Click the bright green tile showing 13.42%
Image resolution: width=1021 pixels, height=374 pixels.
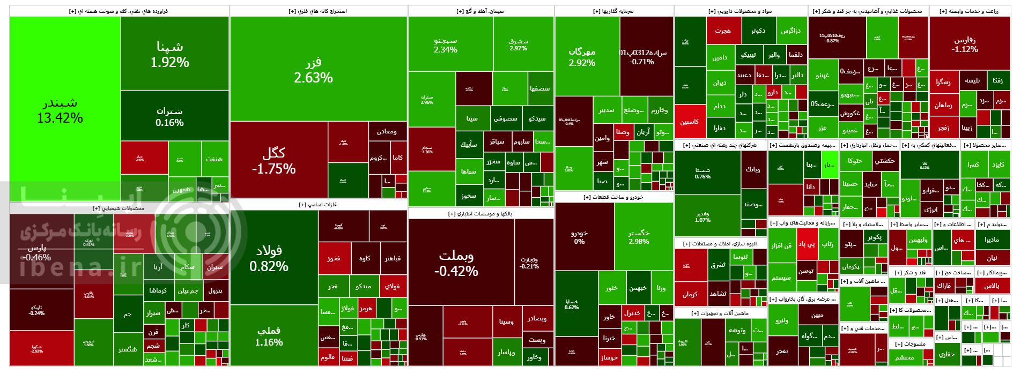[x=60, y=110]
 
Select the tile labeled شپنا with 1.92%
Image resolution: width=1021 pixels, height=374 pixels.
[x=170, y=54]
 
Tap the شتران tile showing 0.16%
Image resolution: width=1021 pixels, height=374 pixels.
[x=170, y=116]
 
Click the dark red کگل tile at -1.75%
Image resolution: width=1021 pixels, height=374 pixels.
[x=274, y=161]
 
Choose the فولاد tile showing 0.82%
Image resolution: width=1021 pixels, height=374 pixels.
[x=269, y=258]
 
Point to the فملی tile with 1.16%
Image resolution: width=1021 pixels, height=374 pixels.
[x=269, y=336]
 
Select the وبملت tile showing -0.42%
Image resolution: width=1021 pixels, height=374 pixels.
[x=456, y=263]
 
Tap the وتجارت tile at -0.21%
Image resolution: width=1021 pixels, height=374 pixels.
[x=530, y=263]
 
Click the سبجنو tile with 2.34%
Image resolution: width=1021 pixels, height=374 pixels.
[x=446, y=45]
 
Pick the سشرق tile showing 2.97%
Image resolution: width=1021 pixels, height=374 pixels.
[x=519, y=44]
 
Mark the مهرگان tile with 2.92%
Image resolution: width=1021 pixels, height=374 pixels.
[x=582, y=57]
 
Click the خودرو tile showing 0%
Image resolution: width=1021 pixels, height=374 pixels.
[x=580, y=237]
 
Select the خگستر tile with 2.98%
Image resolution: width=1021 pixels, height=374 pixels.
[x=639, y=237]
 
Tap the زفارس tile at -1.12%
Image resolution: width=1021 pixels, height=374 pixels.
[x=965, y=44]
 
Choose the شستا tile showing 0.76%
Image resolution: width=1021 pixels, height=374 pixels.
[x=703, y=173]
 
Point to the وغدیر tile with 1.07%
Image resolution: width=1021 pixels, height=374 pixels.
[x=703, y=217]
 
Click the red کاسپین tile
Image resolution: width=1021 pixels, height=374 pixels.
[x=690, y=122]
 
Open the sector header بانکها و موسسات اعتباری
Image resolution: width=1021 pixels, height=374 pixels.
[x=480, y=214]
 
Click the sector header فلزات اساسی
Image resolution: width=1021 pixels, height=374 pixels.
[x=318, y=205]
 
